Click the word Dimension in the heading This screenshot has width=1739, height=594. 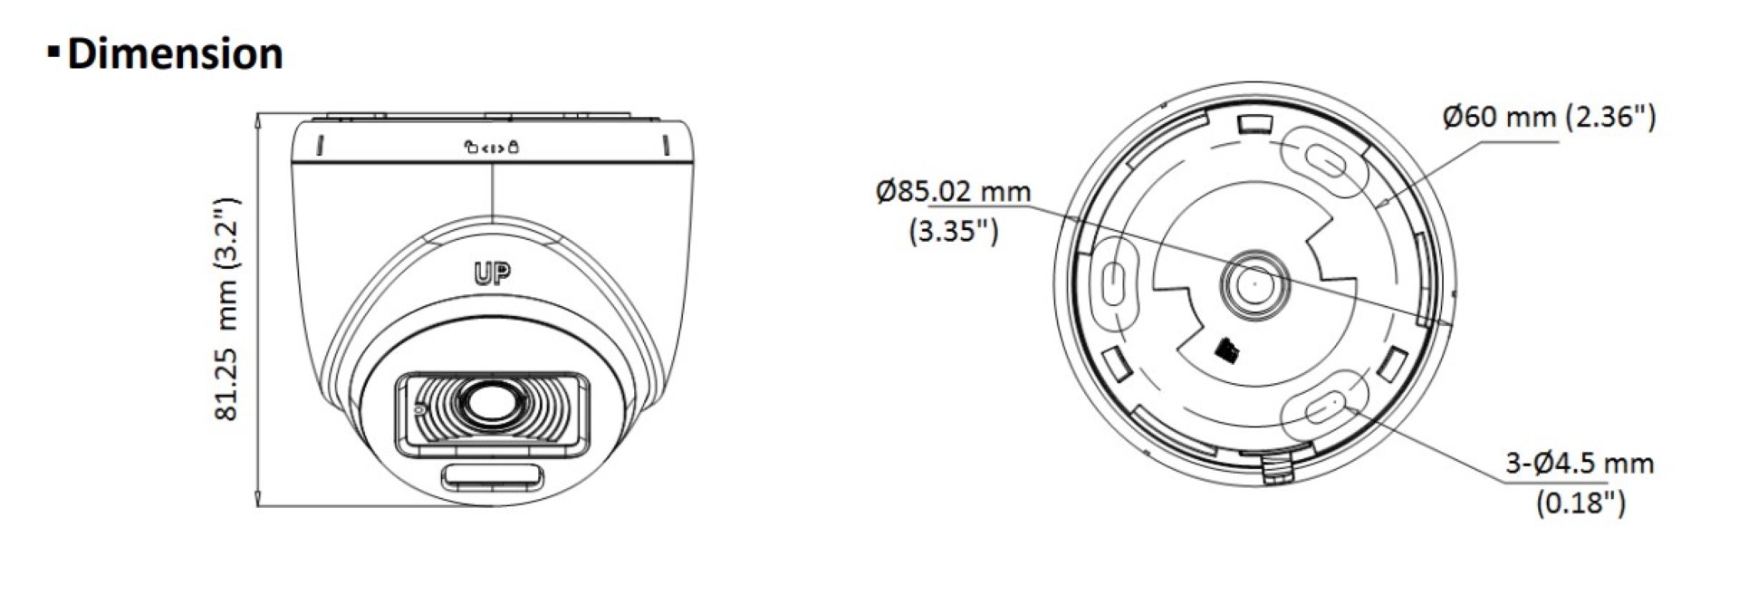(x=175, y=54)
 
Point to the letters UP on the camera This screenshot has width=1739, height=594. (x=492, y=273)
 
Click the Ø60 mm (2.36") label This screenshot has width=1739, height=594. (x=1549, y=117)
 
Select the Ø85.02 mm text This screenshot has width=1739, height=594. (x=953, y=192)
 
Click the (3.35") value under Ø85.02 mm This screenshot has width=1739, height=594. (x=953, y=231)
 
